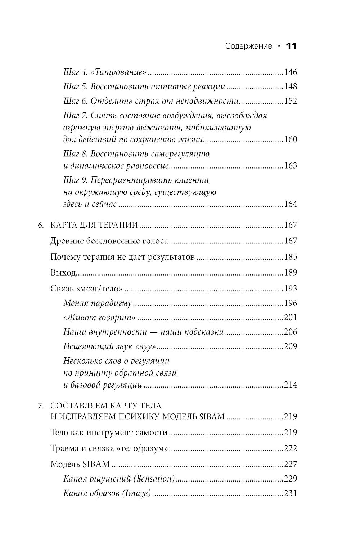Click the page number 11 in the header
click(291, 46)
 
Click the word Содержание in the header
click(248, 46)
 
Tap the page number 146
click(290, 72)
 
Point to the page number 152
click(290, 101)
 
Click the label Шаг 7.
click(76, 116)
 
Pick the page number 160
click(290, 139)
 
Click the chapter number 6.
click(41, 225)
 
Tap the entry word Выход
click(63, 273)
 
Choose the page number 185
click(290, 257)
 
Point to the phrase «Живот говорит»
click(99, 317)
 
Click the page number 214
click(290, 385)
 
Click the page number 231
click(290, 493)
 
